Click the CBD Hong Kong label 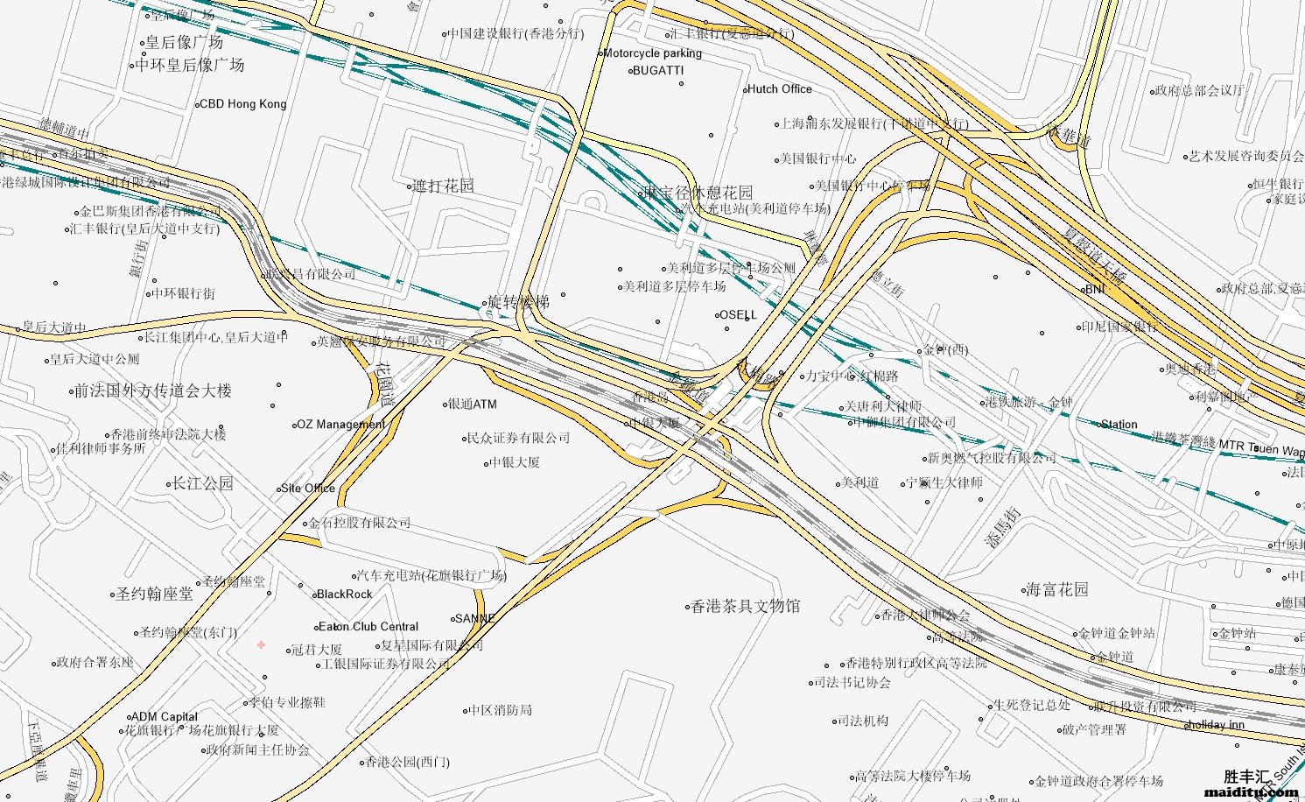242,104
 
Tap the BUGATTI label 658,70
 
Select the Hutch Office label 779,89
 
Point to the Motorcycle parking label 653,53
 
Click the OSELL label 738,315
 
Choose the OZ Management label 340,425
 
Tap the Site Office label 307,489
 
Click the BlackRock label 344,594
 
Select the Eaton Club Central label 368,627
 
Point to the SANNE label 475,618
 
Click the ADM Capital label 165,717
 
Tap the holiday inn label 1216,725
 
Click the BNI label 1094,289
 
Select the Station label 1119,425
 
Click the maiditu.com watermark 1252,791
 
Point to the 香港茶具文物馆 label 745,606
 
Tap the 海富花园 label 1057,589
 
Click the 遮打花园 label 443,186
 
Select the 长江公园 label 202,483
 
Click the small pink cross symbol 261,645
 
